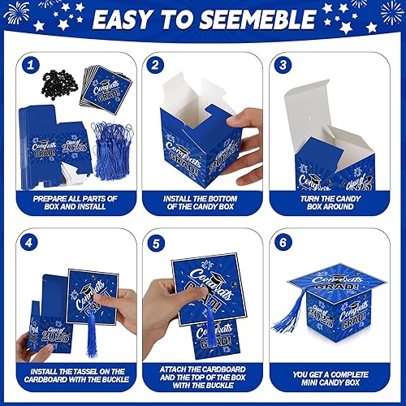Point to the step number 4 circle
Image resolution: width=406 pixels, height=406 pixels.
point(29,241)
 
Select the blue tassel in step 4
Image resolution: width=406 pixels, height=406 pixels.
point(91,333)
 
